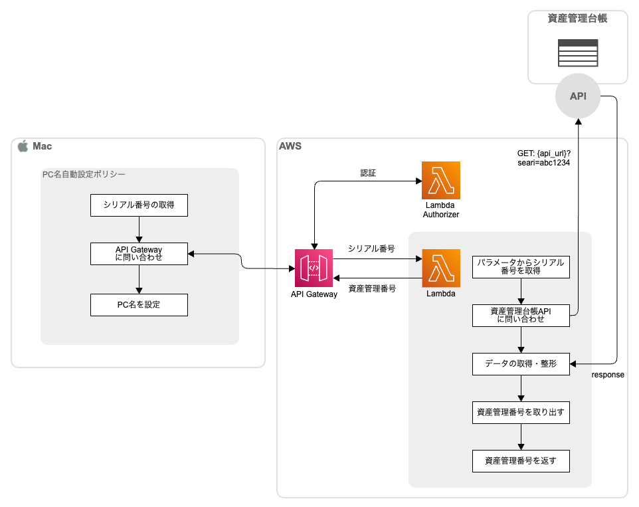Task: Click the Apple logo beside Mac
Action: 23,146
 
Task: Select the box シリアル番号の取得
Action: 139,206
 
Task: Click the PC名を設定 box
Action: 139,305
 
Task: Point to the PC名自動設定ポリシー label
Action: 84,175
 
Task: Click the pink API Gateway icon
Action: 314,268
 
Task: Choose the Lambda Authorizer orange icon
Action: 440,181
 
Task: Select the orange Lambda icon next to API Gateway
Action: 440,268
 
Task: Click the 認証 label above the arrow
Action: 368,173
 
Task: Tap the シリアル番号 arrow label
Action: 371,249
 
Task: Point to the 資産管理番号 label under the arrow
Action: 372,289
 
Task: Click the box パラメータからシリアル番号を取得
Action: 520,267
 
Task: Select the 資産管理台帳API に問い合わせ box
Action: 520,315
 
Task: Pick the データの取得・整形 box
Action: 520,364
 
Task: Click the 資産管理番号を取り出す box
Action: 520,413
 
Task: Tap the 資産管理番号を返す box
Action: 520,460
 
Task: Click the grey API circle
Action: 578,97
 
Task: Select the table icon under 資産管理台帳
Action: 578,54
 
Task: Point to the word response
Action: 607,375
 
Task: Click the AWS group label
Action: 290,146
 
